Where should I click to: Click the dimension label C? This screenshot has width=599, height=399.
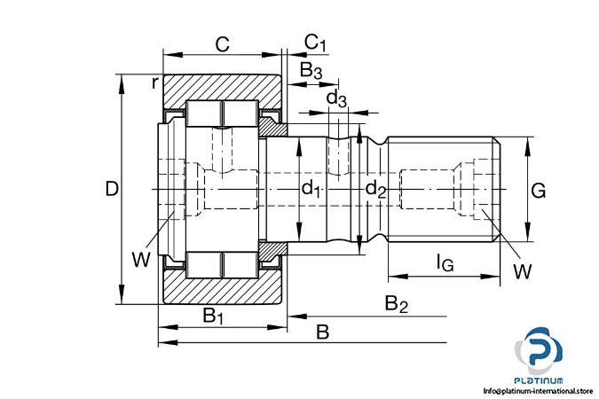(223, 42)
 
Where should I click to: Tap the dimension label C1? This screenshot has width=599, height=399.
(316, 43)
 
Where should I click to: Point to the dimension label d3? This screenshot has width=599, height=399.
(336, 97)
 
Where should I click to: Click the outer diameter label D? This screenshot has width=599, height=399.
(111, 189)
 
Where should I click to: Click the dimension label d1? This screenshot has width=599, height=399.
(311, 188)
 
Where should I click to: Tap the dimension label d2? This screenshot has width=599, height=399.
(376, 188)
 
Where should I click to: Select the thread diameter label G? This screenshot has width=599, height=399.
(538, 190)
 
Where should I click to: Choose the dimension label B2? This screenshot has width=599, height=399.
(396, 304)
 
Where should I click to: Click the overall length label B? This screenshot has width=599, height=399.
(322, 332)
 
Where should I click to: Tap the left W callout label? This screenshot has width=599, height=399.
(140, 259)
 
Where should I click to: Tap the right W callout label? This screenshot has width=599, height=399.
(522, 270)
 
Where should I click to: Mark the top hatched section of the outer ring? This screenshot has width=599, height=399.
(222, 88)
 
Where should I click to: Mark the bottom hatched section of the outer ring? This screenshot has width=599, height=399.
(222, 291)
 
